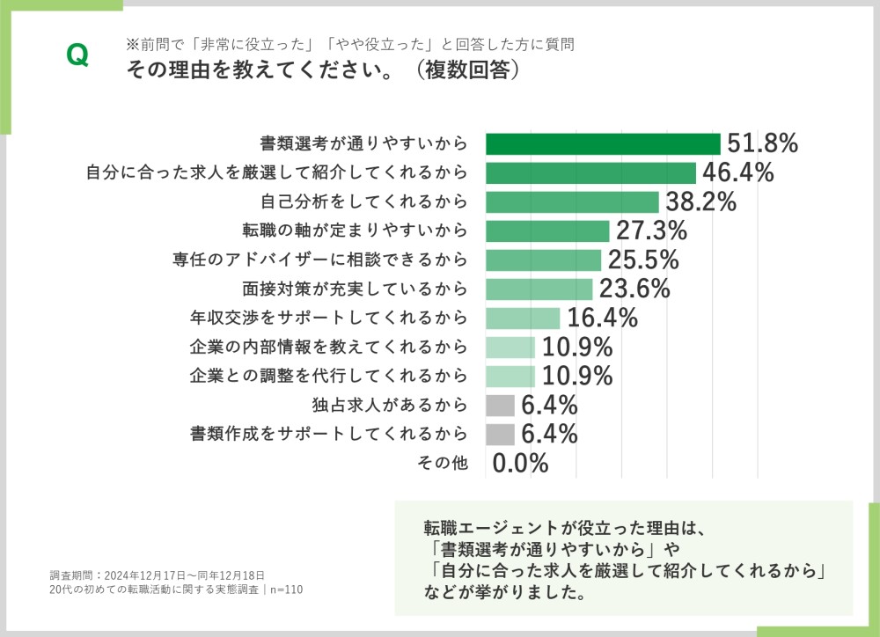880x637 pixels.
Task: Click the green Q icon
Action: point(77,55)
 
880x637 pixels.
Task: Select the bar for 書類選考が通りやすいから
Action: point(603,143)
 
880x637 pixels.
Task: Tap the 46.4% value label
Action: point(737,172)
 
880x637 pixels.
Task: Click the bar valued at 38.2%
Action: point(572,201)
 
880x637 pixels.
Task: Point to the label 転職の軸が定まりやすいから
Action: point(355,231)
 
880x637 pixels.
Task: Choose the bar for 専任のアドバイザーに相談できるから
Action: point(543,260)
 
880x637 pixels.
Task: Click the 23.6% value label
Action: point(634,289)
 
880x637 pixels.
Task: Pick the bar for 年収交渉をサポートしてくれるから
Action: point(523,318)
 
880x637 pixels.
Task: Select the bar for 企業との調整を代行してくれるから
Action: point(510,376)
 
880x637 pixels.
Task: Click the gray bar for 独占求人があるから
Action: point(500,405)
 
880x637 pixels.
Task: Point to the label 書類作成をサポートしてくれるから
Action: point(328,434)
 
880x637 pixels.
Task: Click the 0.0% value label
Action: point(520,463)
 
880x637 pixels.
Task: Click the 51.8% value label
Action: point(761,143)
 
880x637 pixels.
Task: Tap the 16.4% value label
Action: point(602,318)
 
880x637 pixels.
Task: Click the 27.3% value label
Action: point(651,231)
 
